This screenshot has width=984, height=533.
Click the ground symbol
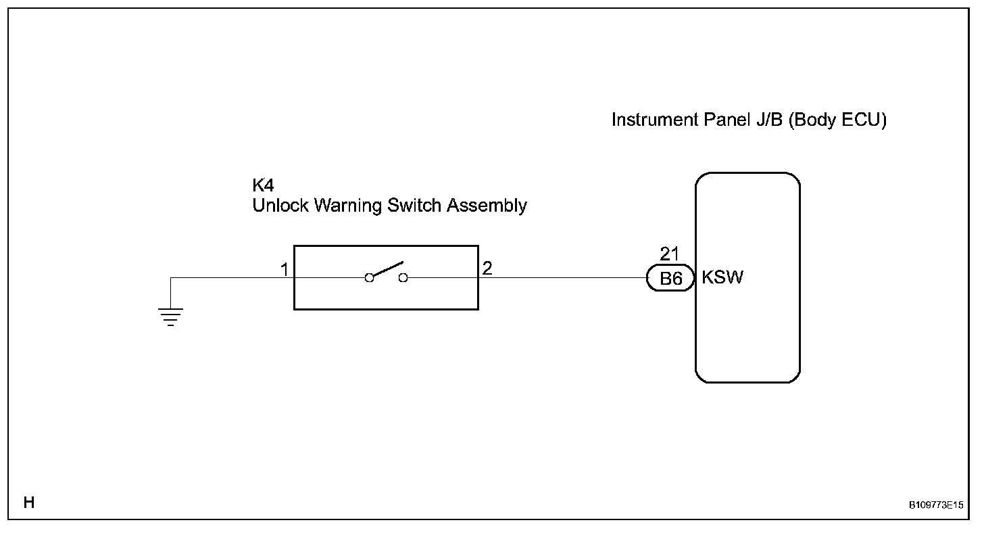[x=171, y=316]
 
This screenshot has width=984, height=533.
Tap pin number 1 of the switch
[x=285, y=270]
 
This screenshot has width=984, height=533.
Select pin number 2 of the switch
[x=487, y=269]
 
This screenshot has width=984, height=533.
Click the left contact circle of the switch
[x=369, y=277]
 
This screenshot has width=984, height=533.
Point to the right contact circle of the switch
[x=403, y=277]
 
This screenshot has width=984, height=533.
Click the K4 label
[x=263, y=186]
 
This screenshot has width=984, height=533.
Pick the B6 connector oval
[x=670, y=278]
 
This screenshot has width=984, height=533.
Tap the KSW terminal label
[x=722, y=278]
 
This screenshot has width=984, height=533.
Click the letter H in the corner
[x=28, y=503]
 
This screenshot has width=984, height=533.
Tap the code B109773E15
[x=935, y=505]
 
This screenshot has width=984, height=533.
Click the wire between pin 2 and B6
[x=561, y=277]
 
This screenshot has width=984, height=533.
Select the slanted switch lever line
[x=388, y=269]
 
